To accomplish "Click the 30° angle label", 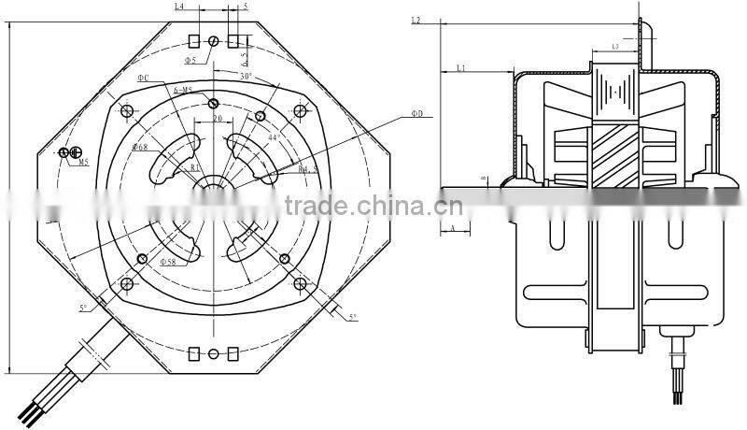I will pos(246,75).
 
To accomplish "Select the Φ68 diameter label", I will pos(140,148).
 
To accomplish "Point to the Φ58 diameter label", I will pos(169,261).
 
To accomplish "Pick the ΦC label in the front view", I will pos(143,78).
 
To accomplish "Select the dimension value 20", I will pos(216,119).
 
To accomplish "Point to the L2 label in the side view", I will pos(416,20).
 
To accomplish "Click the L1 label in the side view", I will pos(461,67).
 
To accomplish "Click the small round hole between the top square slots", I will pos(214,41).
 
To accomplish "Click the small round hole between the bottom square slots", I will pos(214,353).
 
